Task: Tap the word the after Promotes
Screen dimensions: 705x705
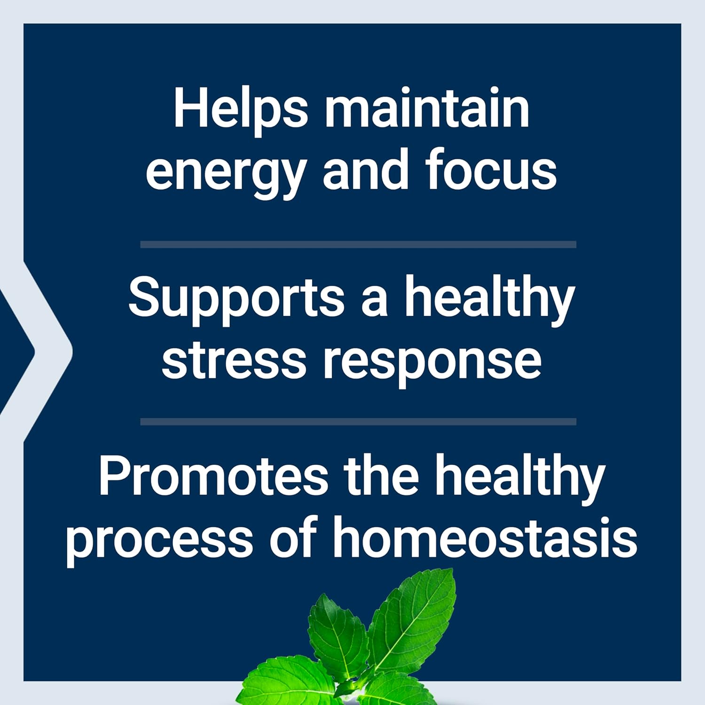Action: click(x=381, y=476)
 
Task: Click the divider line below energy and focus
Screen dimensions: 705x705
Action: click(x=358, y=244)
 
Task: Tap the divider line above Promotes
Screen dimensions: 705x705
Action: click(x=358, y=422)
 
